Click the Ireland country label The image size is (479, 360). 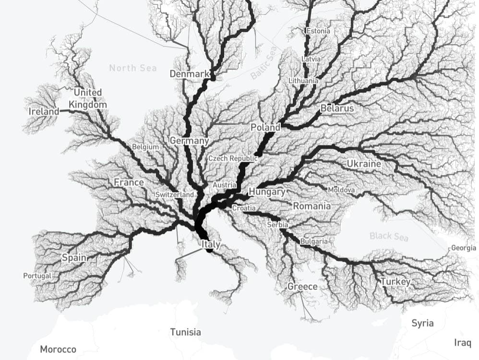tap(44, 111)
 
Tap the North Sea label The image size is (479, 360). tap(133, 68)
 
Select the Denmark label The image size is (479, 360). tap(190, 74)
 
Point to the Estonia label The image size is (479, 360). tap(318, 31)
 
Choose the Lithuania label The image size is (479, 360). tap(303, 81)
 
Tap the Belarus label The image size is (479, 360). tap(337, 108)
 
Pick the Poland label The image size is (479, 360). tap(265, 128)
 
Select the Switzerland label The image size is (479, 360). tap(175, 195)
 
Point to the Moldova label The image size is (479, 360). tap(342, 190)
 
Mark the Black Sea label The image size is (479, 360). tap(389, 236)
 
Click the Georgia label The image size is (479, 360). tap(464, 248)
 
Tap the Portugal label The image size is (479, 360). tap(37, 276)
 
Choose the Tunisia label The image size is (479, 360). tap(186, 332)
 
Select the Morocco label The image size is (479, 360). tap(58, 349)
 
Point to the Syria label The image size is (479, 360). tap(422, 323)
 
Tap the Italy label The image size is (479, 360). tap(211, 244)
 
